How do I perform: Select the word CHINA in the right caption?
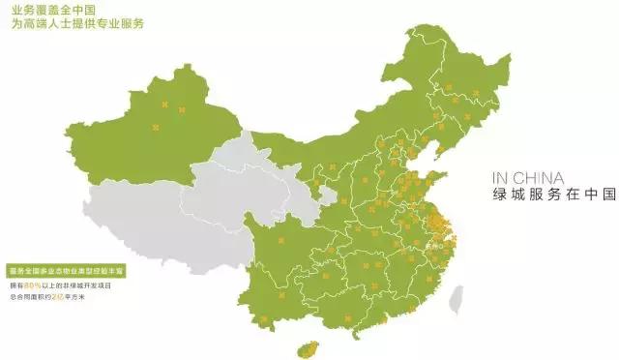point(543,178)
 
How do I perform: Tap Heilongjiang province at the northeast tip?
point(455,68)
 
